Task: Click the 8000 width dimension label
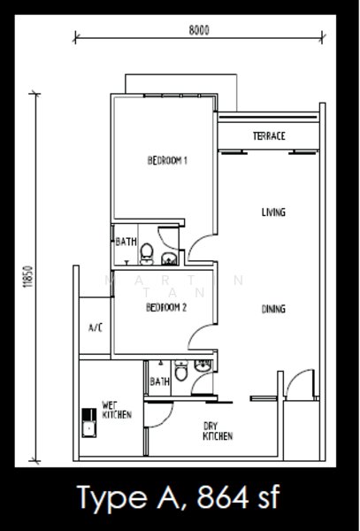[199, 30]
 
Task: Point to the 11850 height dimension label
[28, 277]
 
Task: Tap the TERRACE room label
[269, 135]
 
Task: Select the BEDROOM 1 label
[167, 160]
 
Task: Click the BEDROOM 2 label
[166, 307]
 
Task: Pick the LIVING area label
[273, 212]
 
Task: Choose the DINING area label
[273, 309]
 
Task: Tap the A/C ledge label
[96, 327]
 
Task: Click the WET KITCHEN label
[117, 410]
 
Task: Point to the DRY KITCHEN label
[218, 431]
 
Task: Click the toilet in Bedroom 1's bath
[147, 254]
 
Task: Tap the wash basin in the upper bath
[169, 258]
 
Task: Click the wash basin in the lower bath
[203, 366]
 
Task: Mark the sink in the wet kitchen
[89, 423]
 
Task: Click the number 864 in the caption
[223, 497]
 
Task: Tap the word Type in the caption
[113, 500]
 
